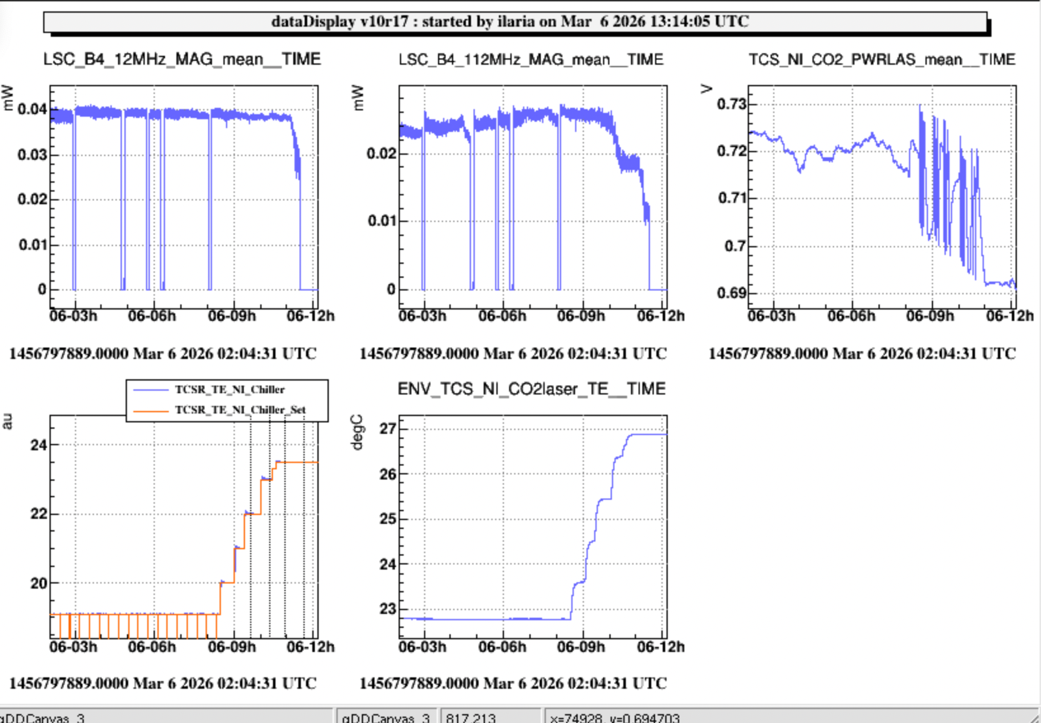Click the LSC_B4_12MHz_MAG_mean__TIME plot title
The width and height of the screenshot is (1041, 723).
[182, 60]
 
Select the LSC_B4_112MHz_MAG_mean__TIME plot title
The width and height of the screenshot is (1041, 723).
[531, 60]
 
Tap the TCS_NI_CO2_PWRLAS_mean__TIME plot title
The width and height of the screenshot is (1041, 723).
[882, 60]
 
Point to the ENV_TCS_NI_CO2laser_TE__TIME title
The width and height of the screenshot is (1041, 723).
[531, 389]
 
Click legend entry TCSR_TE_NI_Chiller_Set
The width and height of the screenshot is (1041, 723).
[240, 410]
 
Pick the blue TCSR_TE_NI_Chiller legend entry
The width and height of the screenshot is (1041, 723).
[229, 389]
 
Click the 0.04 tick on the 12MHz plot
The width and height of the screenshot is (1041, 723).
[32, 109]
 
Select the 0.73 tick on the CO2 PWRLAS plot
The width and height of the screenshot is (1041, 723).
[731, 104]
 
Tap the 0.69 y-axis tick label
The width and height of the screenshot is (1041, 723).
[731, 293]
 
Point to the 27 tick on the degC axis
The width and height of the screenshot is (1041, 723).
[387, 429]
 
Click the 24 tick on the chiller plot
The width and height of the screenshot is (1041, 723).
[39, 445]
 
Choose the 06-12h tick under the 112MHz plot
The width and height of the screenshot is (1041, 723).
[660, 316]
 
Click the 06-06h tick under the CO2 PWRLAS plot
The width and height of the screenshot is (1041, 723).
[851, 316]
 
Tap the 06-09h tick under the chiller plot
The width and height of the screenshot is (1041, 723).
[232, 647]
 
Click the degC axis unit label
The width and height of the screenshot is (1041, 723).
[357, 433]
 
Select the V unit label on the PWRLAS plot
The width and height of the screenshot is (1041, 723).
[706, 89]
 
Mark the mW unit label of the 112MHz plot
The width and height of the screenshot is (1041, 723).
[357, 98]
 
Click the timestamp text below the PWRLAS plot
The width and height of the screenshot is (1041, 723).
[862, 354]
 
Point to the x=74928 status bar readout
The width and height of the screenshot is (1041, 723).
[614, 717]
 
